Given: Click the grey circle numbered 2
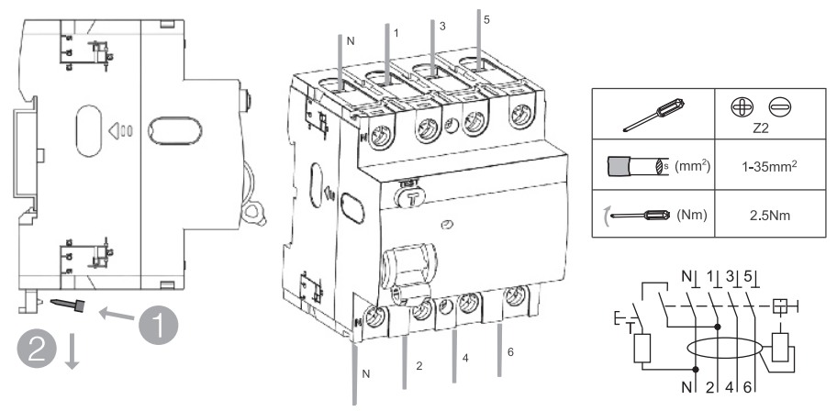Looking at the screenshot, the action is point(36,350).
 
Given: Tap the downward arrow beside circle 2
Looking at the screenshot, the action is point(72,352).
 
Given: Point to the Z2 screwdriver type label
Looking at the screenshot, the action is point(761,129).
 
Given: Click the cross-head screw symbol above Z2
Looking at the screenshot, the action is point(740,107).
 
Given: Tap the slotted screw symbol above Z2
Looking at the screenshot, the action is point(780,108).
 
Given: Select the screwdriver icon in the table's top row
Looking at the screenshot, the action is point(653,115).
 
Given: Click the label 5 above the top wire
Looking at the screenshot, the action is point(485,20).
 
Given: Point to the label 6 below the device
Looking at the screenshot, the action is point(511,351).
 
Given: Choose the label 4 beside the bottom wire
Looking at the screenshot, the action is point(465,359).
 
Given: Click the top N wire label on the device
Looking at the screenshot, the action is point(351,41).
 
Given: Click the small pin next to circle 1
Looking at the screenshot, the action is point(69,305).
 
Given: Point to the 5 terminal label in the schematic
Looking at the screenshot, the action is point(747,276).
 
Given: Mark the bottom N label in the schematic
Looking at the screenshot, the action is point(686,387).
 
